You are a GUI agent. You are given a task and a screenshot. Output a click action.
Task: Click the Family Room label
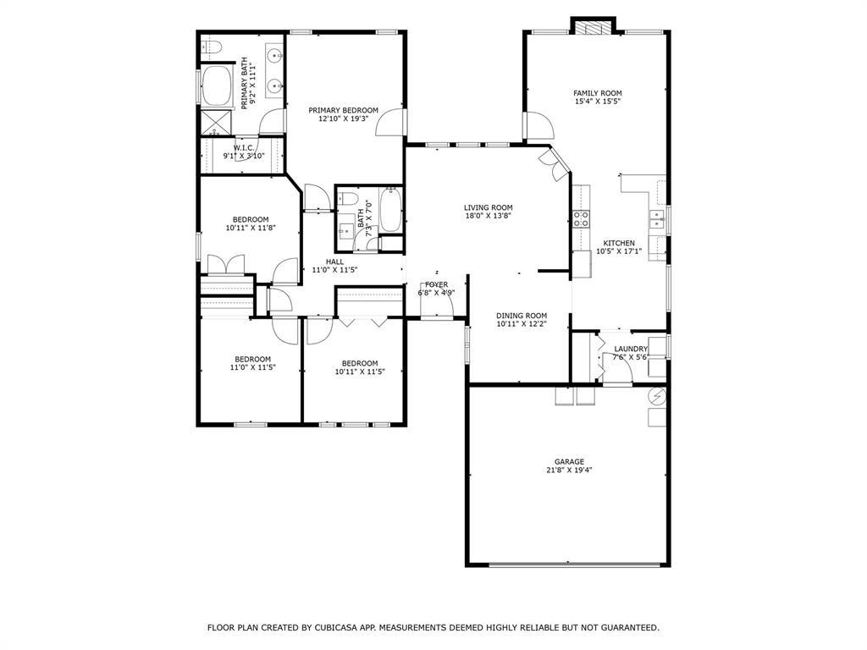coord(597,93)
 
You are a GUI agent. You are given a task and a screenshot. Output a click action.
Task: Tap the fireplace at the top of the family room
coord(593,28)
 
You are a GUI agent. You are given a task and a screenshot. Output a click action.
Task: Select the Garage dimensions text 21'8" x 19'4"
coord(569,471)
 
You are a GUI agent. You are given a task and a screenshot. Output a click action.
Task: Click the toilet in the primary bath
coord(212,47)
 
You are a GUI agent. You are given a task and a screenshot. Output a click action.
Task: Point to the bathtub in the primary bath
coord(216,86)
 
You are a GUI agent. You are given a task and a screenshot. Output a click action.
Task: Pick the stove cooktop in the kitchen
coord(581,219)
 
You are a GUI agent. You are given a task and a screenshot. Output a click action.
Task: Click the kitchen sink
coord(656,219)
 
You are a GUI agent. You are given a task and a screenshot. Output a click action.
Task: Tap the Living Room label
coord(489,208)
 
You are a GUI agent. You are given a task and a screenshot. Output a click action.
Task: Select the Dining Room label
coord(522,316)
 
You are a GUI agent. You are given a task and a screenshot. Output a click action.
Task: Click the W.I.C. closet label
coord(244,148)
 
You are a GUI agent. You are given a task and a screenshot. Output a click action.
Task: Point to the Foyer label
coord(437,284)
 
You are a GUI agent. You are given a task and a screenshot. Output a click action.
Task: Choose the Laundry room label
coord(631,349)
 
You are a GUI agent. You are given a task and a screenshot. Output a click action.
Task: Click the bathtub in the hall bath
coord(390,210)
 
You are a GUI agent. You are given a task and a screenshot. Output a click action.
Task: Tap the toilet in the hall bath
coord(348,198)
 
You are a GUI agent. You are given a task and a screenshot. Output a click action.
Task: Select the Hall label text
coord(334,262)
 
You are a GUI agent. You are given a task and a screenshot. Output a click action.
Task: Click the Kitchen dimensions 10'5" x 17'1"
coord(619,251)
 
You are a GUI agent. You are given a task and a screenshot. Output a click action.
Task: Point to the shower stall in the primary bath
coord(216,123)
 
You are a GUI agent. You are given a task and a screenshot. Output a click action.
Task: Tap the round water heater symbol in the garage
coord(657,396)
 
